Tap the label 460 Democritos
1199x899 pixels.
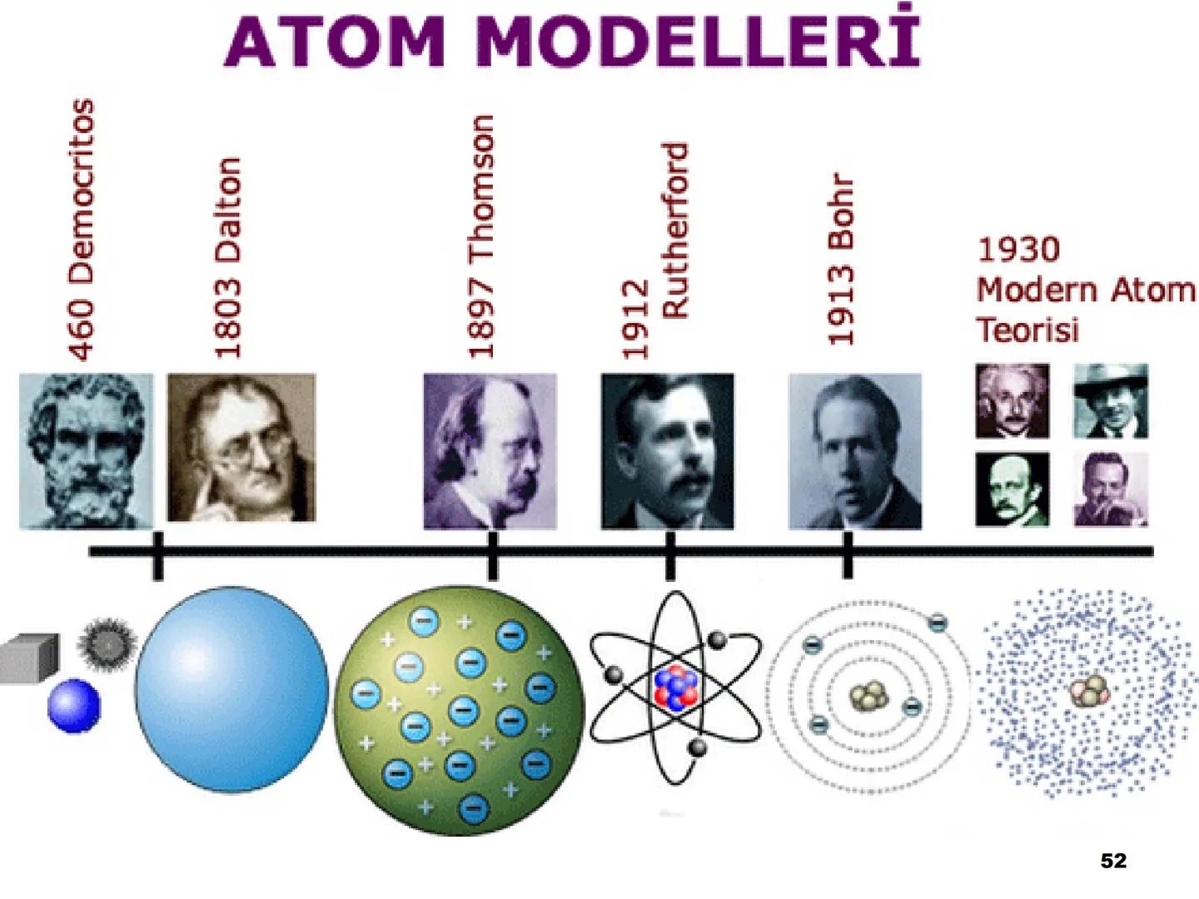click(x=81, y=230)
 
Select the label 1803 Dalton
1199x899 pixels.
click(x=227, y=258)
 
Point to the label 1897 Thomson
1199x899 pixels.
click(x=481, y=237)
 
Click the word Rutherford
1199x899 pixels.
click(x=675, y=231)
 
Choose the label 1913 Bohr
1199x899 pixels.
click(x=841, y=259)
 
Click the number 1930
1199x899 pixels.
click(x=1018, y=249)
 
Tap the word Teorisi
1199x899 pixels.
click(x=1027, y=330)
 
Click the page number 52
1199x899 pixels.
click(x=1113, y=861)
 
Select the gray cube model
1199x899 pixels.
click(x=29, y=658)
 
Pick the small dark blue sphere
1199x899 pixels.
click(x=74, y=706)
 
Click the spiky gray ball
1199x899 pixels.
click(x=107, y=643)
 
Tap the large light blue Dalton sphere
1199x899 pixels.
click(x=231, y=689)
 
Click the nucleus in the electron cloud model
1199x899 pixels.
click(x=1088, y=691)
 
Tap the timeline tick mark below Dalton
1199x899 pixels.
click(x=158, y=555)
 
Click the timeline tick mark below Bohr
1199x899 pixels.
click(x=848, y=555)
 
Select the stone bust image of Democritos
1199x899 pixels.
click(x=86, y=450)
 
